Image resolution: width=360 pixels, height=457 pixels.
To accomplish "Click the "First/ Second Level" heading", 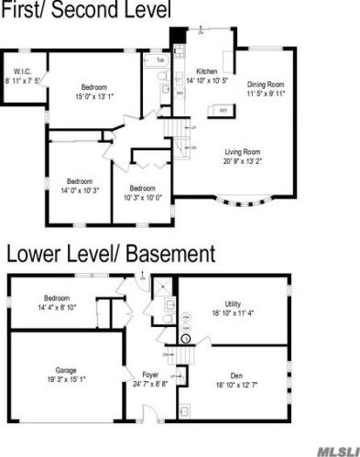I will click(x=86, y=12).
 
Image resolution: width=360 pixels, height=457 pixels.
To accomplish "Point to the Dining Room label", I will click(x=267, y=85).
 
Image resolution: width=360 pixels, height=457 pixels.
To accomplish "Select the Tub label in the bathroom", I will click(x=160, y=60).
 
